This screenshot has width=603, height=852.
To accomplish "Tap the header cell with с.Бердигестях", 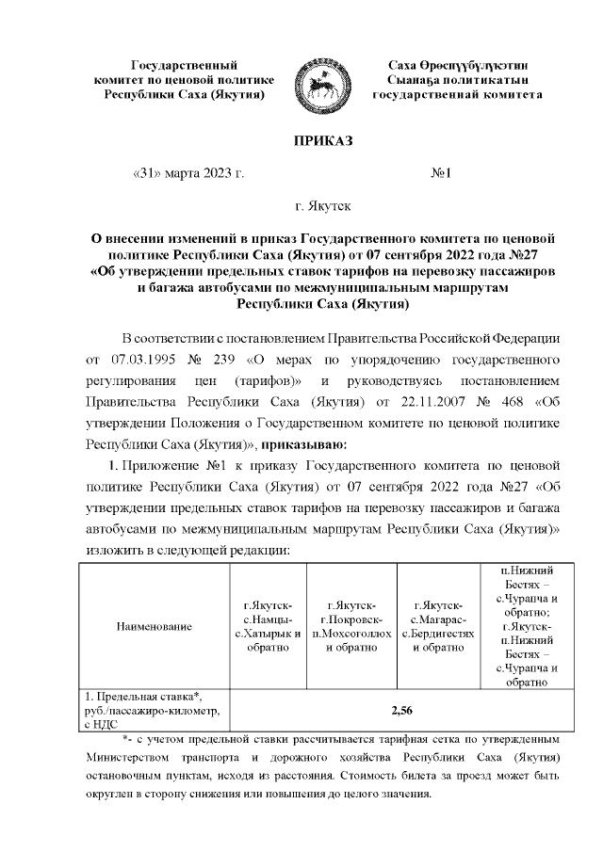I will tap(435, 626).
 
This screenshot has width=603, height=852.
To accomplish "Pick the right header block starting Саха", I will tap(457, 80).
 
